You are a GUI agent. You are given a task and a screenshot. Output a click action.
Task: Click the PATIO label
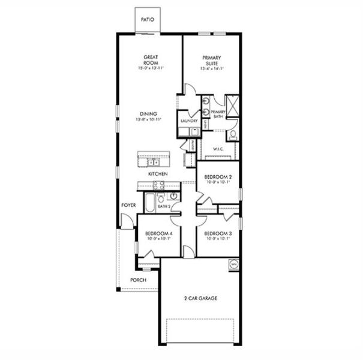click(x=147, y=20)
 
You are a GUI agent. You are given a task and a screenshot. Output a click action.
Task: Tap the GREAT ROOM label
click(x=150, y=60)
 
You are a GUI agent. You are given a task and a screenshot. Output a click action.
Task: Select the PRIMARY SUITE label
click(x=211, y=60)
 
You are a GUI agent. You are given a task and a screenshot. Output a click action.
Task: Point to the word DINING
click(x=149, y=113)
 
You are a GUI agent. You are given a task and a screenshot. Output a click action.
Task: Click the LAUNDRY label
click(x=189, y=121)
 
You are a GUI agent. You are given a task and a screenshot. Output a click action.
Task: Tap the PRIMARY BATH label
click(x=218, y=114)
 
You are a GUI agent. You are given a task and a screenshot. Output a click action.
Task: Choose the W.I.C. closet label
click(x=218, y=149)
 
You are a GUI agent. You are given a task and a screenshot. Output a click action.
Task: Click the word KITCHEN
click(x=158, y=174)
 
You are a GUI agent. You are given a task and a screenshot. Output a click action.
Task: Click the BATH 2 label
click(x=164, y=206)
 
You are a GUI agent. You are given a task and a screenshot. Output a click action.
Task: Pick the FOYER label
click(x=128, y=205)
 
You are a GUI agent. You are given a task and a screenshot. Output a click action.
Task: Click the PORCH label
click(x=139, y=280)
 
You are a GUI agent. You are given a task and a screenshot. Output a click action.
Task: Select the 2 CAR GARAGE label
click(x=200, y=298)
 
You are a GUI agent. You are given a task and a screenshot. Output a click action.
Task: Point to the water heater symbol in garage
click(x=233, y=263)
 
